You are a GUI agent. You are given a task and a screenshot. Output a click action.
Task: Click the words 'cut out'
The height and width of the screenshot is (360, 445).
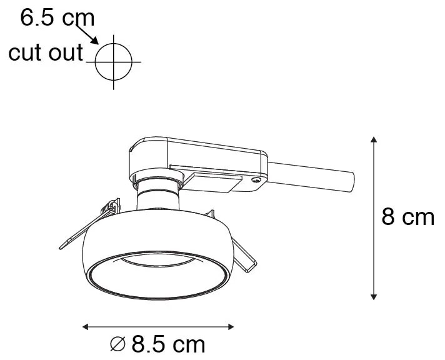click(45, 53)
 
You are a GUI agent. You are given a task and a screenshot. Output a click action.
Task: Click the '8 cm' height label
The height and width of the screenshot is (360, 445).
click(407, 217)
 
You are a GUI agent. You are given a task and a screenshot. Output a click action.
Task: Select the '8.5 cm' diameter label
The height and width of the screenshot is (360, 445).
click(166, 344)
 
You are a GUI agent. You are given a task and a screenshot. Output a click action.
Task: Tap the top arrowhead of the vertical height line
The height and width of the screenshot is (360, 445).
click(373, 139)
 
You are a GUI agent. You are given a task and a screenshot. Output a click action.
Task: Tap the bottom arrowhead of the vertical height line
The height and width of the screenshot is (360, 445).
click(373, 296)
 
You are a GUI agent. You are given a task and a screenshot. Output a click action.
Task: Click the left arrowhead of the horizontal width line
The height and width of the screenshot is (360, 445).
click(86, 326)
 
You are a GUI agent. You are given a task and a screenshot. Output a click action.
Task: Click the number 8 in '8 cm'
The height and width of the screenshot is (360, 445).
click(389, 217)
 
